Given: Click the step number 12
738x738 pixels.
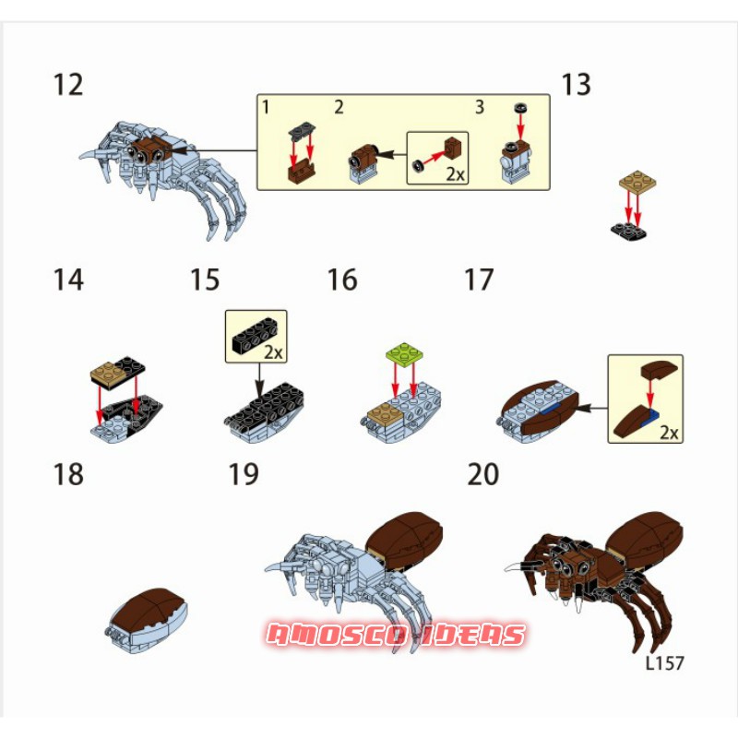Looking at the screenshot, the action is coord(68,85).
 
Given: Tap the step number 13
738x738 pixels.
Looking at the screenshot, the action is coord(576,85).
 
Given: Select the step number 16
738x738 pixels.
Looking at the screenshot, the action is coord(342,280).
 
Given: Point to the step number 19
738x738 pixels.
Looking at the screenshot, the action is coord(244,474).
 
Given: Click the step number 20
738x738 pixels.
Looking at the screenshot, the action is coord(482,474).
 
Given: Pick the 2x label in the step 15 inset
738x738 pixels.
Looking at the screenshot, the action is coord(273,352).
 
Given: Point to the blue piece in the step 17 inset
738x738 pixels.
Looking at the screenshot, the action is coord(654,414).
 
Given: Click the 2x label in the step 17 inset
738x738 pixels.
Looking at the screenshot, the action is coord(669,432).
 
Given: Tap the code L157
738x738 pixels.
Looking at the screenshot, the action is coord(664,663).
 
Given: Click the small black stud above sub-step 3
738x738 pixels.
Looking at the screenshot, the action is coord(520,107).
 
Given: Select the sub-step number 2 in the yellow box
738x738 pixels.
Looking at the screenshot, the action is coord(339,107).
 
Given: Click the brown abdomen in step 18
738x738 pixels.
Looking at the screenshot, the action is coord(149,608).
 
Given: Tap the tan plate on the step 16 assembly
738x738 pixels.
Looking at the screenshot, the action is coord(386,414).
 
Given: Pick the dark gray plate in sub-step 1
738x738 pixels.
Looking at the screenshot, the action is coord(302,130).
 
